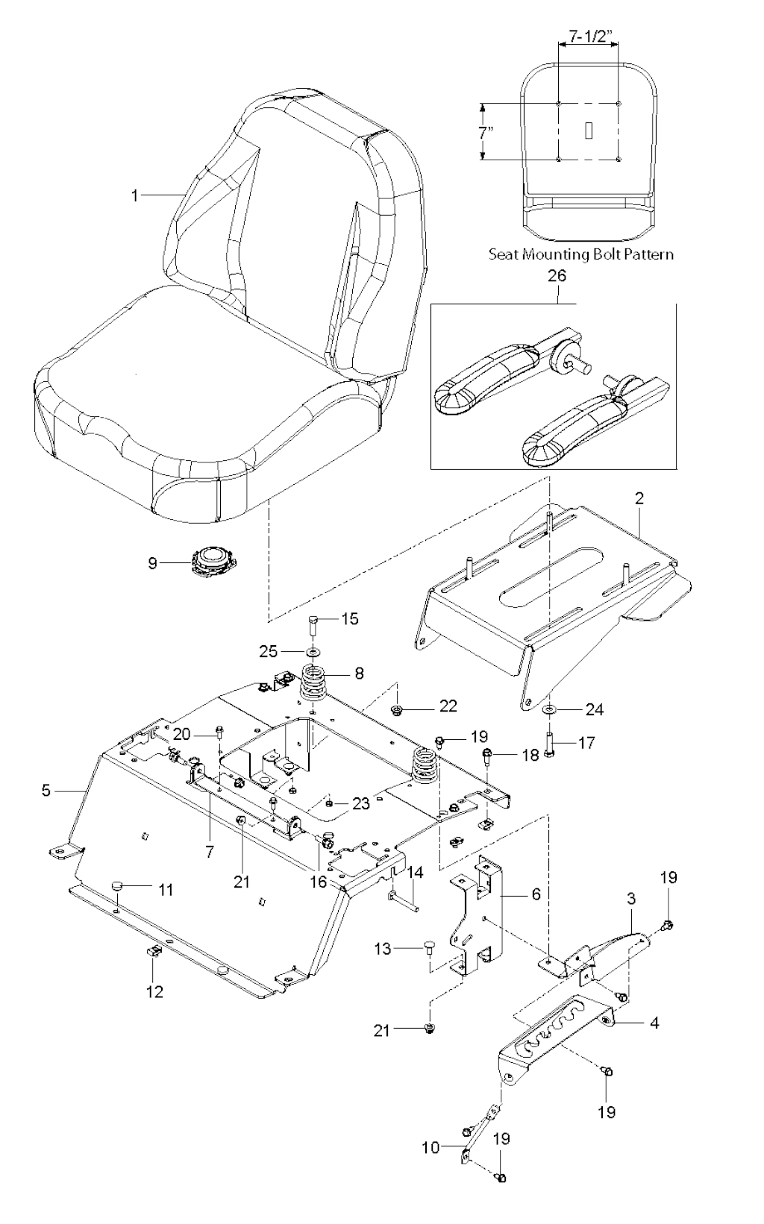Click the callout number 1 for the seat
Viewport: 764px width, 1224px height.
(135, 196)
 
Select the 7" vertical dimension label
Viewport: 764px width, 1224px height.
(486, 133)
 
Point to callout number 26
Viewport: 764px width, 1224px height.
(557, 275)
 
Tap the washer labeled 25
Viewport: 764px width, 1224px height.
(313, 651)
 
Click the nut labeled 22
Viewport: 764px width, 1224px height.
(398, 706)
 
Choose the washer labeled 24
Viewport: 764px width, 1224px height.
(548, 709)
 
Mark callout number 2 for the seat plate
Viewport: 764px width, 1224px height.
(639, 499)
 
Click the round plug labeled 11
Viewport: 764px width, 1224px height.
(116, 885)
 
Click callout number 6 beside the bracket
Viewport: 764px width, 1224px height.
(536, 894)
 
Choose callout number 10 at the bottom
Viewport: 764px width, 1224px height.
(431, 1147)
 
